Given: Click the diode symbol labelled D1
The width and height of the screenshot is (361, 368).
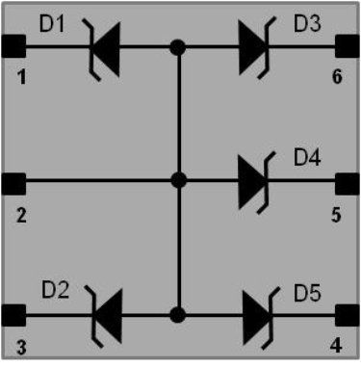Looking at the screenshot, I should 103,46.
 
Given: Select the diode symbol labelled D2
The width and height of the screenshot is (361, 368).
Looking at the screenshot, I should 103,314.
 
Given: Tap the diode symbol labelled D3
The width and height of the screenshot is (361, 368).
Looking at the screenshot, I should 253,46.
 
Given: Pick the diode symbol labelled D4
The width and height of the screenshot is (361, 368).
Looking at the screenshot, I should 253,180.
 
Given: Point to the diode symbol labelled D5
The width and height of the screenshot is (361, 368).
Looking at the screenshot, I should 253,314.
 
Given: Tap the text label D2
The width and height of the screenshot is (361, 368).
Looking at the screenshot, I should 54,289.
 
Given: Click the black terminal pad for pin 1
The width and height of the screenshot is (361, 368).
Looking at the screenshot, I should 13,46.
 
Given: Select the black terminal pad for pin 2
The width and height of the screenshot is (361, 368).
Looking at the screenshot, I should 13,180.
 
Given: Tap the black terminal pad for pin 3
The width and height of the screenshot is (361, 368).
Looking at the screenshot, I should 13,314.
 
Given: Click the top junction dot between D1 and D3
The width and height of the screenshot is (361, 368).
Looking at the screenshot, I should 177,46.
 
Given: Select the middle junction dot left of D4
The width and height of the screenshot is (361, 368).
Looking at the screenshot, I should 177,180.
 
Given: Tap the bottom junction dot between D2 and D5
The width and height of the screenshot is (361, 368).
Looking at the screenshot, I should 177,314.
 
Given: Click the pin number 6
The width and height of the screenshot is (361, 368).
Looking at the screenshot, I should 337,77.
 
